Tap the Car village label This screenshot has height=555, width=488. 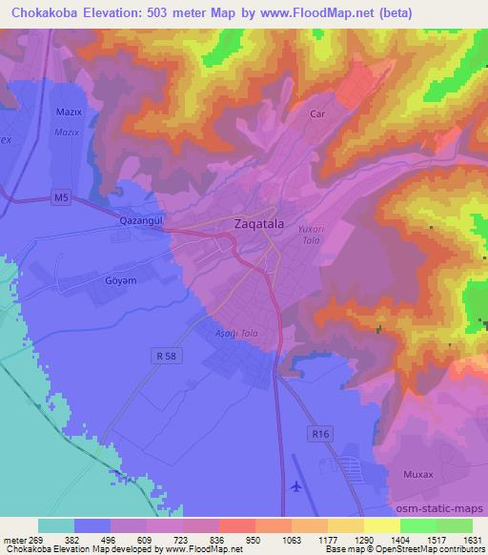(319, 113)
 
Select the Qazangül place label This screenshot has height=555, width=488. (143, 220)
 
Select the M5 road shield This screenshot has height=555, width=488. (61, 199)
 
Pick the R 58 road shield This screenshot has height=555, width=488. (164, 356)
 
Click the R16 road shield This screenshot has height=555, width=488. (321, 434)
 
